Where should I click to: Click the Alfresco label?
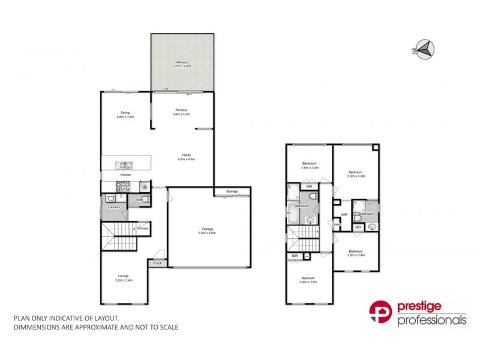182,62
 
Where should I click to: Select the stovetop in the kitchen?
122,186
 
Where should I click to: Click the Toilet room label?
139,199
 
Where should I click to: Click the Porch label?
157,263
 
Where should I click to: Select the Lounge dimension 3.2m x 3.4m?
124,280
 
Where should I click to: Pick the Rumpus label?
181,109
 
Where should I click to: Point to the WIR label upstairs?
344,214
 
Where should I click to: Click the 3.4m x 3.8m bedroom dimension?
308,281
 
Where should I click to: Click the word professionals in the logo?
432,320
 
